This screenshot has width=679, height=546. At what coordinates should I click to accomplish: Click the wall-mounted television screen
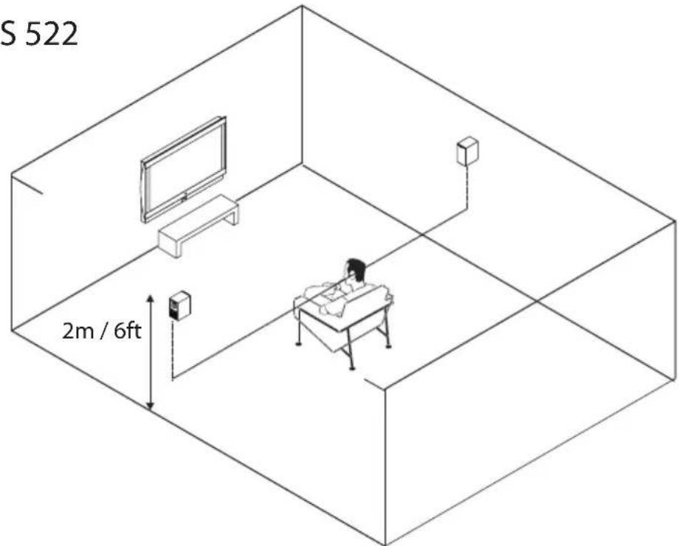tap(184, 169)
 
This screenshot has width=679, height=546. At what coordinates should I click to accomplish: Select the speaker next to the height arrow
tap(179, 305)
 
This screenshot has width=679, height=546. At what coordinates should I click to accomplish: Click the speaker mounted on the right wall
tap(468, 151)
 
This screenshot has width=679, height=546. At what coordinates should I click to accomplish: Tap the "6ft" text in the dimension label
tap(128, 331)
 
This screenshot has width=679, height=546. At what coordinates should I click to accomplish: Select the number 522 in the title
tap(51, 35)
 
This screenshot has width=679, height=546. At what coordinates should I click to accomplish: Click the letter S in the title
tap(8, 35)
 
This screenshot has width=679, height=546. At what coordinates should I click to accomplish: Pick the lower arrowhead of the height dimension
tap(150, 405)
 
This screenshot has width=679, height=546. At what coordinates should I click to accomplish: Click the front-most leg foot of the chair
tap(352, 368)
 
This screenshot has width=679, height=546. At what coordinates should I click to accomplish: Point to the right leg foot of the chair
tap(388, 346)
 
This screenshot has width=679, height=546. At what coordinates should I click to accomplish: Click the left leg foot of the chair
tap(298, 344)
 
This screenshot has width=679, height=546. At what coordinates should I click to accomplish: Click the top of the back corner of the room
tap(302, 6)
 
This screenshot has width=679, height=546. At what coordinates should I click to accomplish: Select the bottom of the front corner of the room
tap(385, 543)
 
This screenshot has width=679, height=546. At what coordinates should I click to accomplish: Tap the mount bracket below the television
tap(184, 198)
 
